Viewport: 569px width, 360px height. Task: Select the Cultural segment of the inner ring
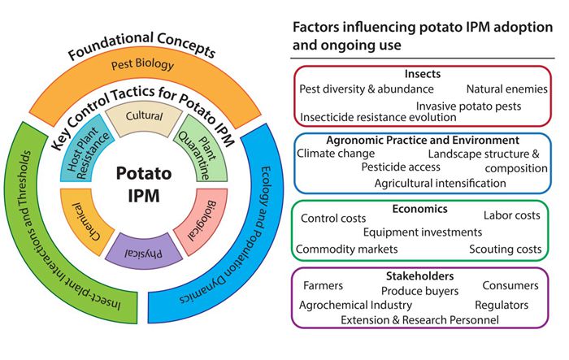coord(143,117)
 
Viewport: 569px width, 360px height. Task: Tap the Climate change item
coord(336,153)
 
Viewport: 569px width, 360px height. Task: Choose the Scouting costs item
coord(504,249)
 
